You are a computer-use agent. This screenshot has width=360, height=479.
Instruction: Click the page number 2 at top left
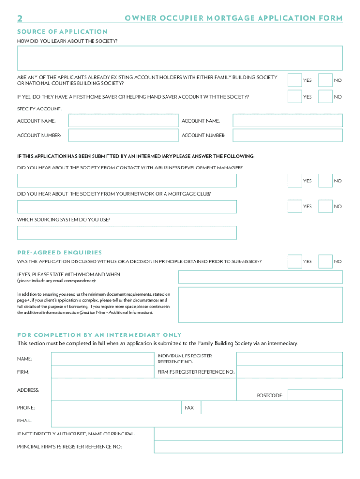[x=20, y=19]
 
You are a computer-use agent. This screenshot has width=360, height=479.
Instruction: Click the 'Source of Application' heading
[x=62, y=32]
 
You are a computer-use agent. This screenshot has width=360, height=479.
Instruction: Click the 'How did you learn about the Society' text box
[x=180, y=58]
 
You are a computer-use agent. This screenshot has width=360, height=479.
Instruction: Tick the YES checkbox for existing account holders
[x=295, y=80]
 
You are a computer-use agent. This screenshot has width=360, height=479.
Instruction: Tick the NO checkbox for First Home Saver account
[x=325, y=96]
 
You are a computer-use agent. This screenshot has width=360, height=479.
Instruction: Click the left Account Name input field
[x=123, y=121]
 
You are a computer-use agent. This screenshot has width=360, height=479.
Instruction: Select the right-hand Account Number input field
[x=288, y=135]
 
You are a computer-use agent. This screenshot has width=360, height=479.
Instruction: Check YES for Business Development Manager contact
[x=295, y=181]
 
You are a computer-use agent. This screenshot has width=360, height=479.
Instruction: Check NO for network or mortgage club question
[x=325, y=206]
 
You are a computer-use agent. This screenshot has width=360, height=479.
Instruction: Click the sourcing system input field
[x=127, y=232]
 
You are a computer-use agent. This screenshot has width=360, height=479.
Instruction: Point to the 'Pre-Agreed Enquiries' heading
[x=59, y=253]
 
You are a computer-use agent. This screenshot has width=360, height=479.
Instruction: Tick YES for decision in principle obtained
[x=295, y=261]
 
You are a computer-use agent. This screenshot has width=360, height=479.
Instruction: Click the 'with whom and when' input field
[x=260, y=277]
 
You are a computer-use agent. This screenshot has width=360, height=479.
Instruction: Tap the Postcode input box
[x=315, y=395]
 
